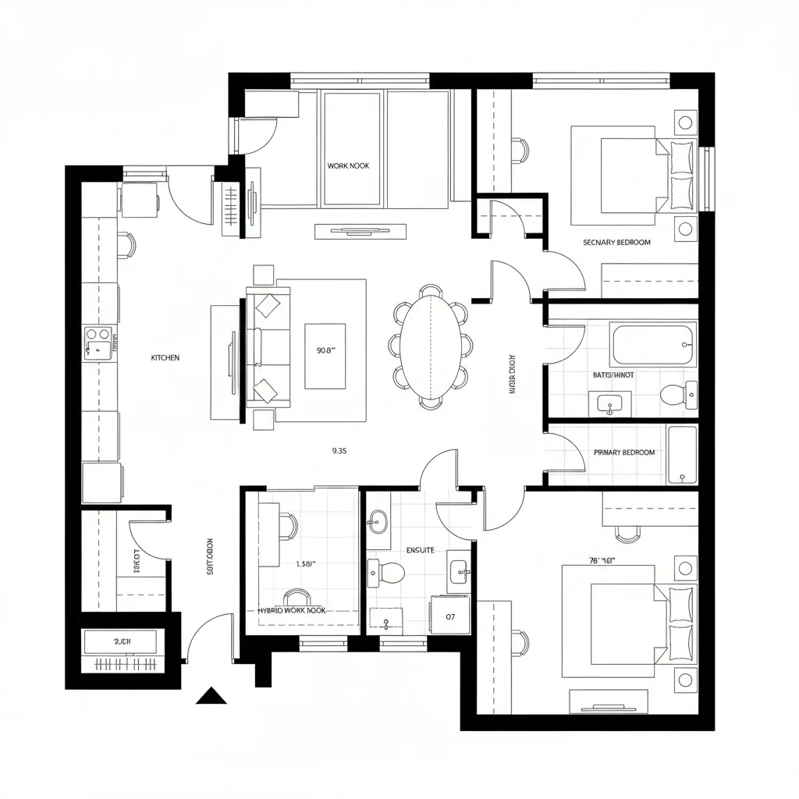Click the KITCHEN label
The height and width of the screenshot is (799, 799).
point(165,357)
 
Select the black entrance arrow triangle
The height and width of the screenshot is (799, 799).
point(211,695)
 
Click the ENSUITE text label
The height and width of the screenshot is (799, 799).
point(420,550)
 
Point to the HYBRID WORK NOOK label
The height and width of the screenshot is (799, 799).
point(292,611)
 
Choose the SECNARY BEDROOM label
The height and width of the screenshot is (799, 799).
point(616,243)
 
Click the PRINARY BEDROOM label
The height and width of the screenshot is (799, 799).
point(624,453)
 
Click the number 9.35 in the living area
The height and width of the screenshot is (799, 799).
point(339,450)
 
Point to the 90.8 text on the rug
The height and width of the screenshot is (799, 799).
point(325,350)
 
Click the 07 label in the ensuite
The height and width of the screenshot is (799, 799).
point(450,616)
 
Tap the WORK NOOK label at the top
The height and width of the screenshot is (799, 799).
point(348,166)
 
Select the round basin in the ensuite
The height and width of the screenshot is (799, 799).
point(379,521)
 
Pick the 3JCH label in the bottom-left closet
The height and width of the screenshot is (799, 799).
point(123,641)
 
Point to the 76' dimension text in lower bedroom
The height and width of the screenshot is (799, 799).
point(603,559)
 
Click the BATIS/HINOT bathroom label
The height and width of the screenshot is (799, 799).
point(613,375)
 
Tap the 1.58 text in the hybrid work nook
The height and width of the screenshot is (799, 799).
point(307,563)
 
